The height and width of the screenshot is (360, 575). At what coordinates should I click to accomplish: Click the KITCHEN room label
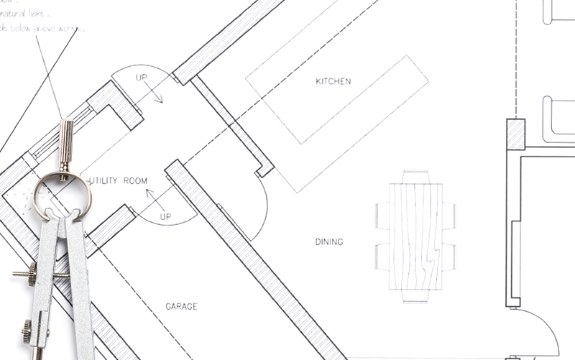[333, 81]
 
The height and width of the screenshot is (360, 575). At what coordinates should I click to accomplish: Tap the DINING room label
[329, 242]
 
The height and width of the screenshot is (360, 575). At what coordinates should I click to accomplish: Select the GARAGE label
[181, 307]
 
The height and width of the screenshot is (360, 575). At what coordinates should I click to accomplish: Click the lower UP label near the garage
[165, 216]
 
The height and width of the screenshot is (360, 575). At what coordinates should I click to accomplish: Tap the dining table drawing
[415, 236]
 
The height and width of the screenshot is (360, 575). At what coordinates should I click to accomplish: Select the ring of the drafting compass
[62, 195]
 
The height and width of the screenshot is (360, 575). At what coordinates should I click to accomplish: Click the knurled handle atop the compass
[65, 143]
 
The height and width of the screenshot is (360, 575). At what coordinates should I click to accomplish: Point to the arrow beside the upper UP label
[152, 91]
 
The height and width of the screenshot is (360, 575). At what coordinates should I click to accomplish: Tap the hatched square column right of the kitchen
[515, 134]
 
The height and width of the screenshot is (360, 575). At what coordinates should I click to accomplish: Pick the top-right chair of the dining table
[449, 214]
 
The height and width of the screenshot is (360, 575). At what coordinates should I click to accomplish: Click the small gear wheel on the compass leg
[26, 331]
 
